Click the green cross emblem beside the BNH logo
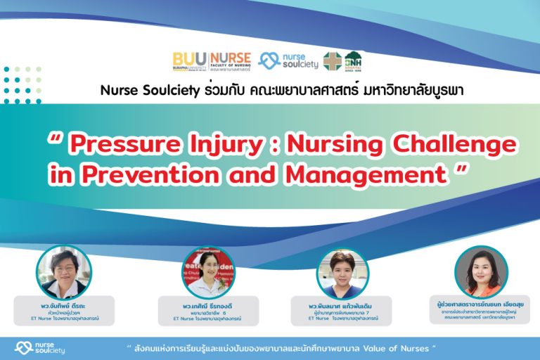point(332,60)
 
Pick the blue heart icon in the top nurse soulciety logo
point(269,60)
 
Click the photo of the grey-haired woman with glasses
point(64,272)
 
